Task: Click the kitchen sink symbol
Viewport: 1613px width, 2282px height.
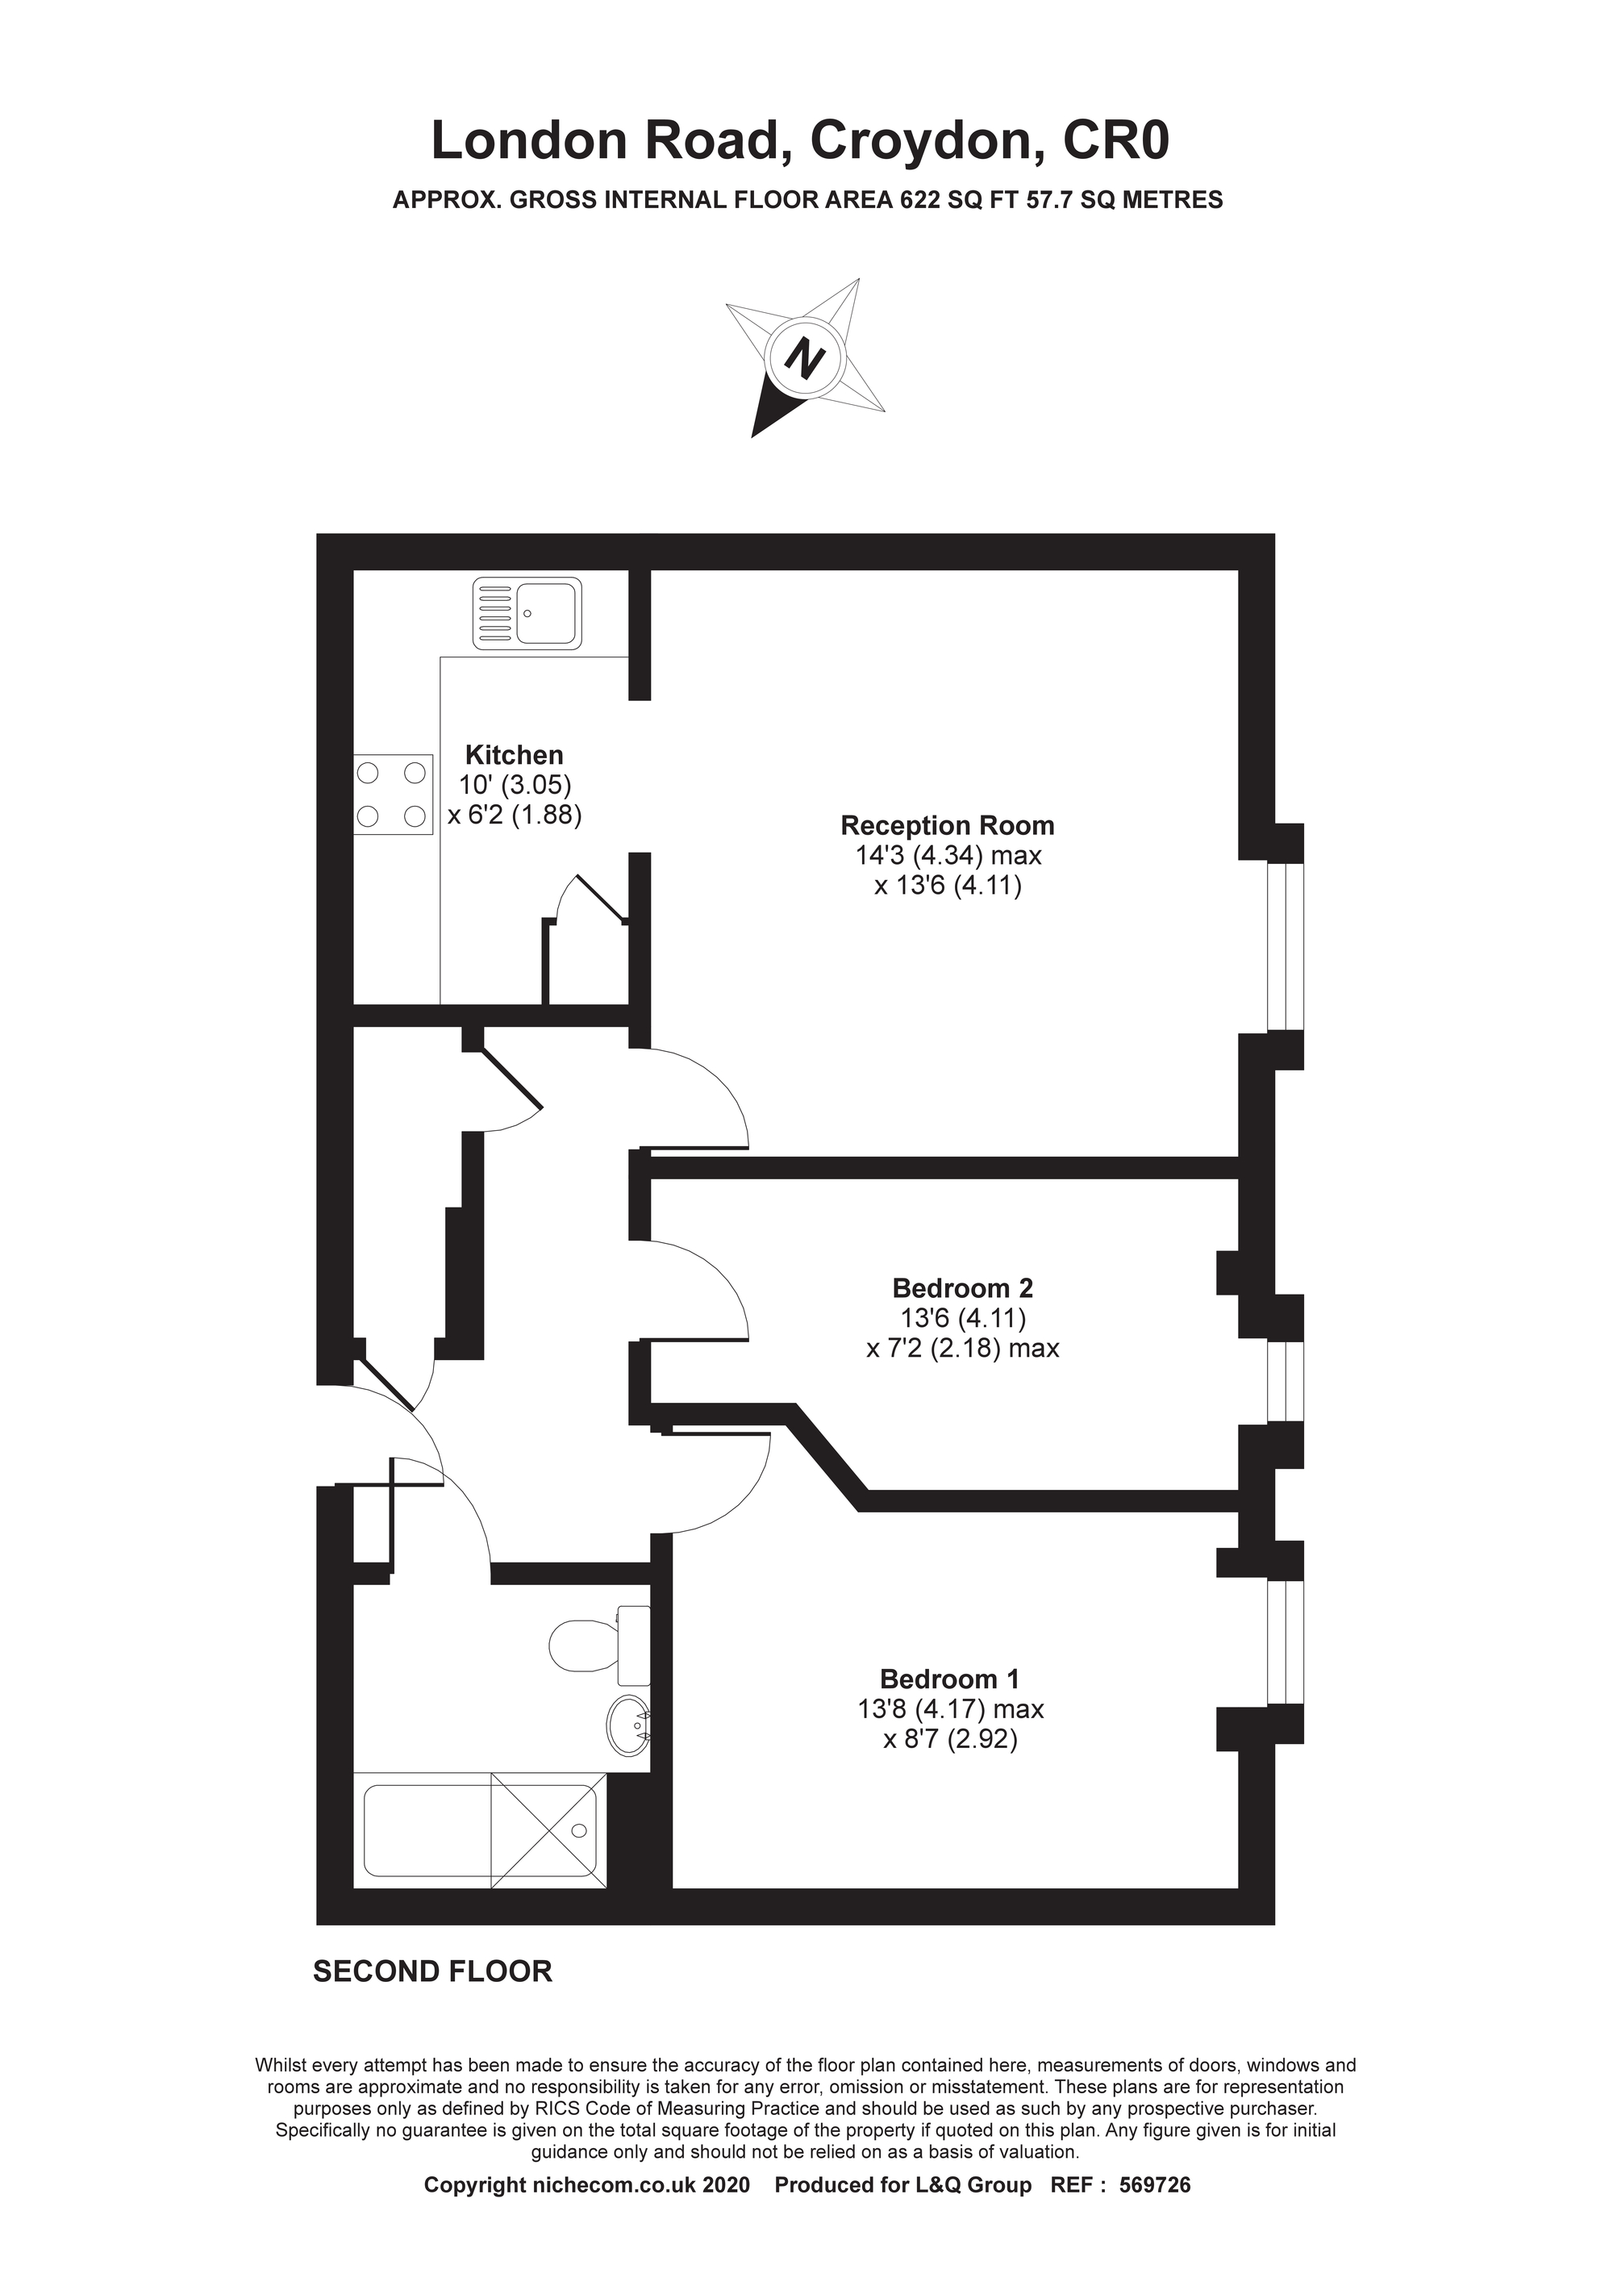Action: pyautogui.click(x=527, y=613)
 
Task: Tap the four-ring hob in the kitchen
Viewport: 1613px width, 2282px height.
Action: pyautogui.click(x=394, y=794)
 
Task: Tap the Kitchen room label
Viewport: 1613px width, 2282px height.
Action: pyautogui.click(x=515, y=754)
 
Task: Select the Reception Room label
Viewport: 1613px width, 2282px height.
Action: pyautogui.click(x=947, y=825)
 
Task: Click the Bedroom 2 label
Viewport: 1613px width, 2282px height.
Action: pyautogui.click(x=962, y=1288)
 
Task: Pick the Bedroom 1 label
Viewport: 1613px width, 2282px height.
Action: pyautogui.click(x=949, y=1679)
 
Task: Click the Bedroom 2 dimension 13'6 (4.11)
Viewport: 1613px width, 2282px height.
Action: pyautogui.click(x=962, y=1318)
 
